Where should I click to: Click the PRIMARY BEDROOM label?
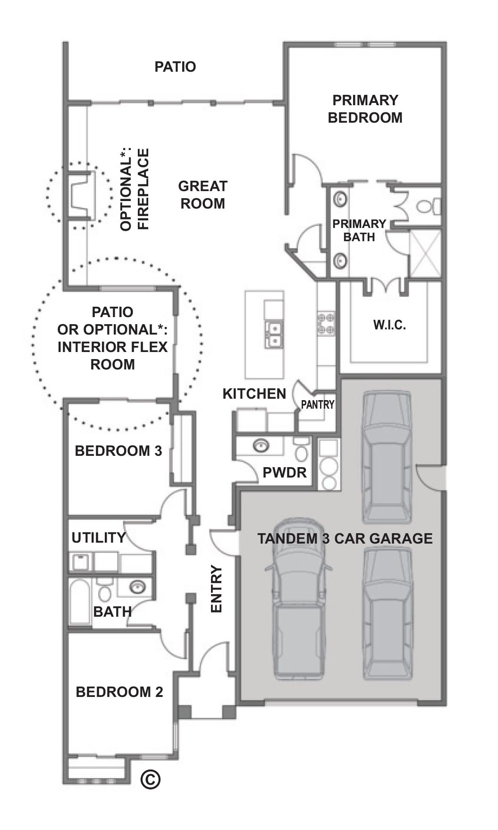pyautogui.click(x=365, y=109)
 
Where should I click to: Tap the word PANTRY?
pyautogui.click(x=318, y=404)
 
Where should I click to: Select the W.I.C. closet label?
pyautogui.click(x=389, y=325)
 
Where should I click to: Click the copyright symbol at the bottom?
pyautogui.click(x=151, y=779)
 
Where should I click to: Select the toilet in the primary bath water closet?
pyautogui.click(x=428, y=207)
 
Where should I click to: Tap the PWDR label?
pyautogui.click(x=285, y=472)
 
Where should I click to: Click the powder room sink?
pyautogui.click(x=260, y=445)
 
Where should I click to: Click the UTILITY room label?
pyautogui.click(x=99, y=537)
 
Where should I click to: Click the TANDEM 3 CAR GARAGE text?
pyautogui.click(x=345, y=538)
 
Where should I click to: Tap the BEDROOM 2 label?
pyautogui.click(x=119, y=692)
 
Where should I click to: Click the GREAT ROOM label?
pyautogui.click(x=203, y=195)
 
